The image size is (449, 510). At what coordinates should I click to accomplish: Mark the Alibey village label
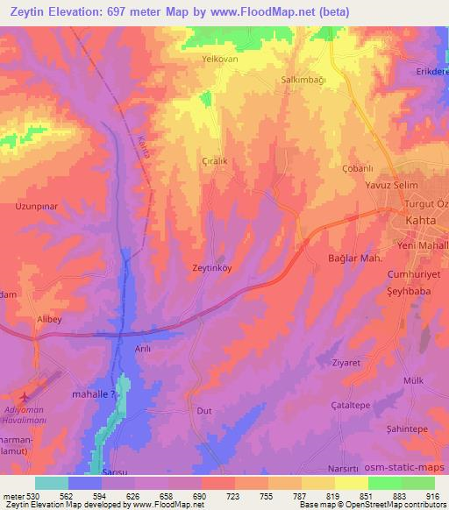48,321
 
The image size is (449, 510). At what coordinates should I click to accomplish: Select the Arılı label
118,349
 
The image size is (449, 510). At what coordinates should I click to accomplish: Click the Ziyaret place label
346,362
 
